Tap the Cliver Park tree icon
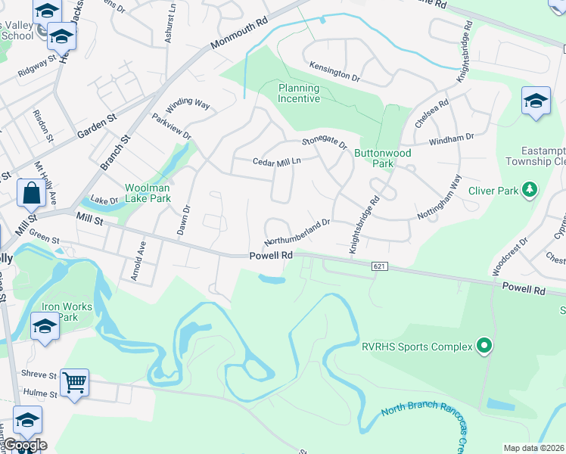pos(531,189)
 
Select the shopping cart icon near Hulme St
pos(75,383)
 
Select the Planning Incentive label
pos(298,93)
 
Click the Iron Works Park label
pos(67,312)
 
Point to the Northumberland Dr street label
pos(297,232)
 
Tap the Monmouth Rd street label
pos(239,33)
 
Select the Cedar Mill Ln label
pos(277,160)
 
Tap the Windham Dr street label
pos(451,138)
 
